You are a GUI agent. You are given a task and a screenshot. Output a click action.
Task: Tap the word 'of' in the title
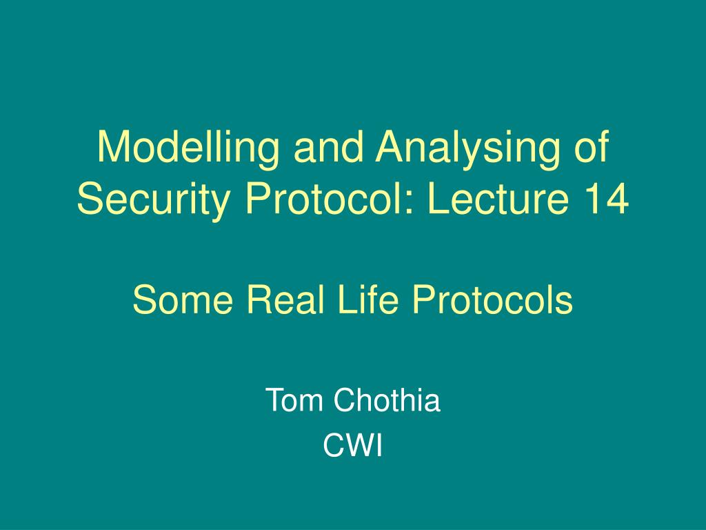pyautogui.click(x=589, y=148)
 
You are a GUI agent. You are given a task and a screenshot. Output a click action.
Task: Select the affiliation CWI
pyautogui.click(x=352, y=447)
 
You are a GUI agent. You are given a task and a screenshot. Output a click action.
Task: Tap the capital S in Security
pyautogui.click(x=89, y=201)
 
